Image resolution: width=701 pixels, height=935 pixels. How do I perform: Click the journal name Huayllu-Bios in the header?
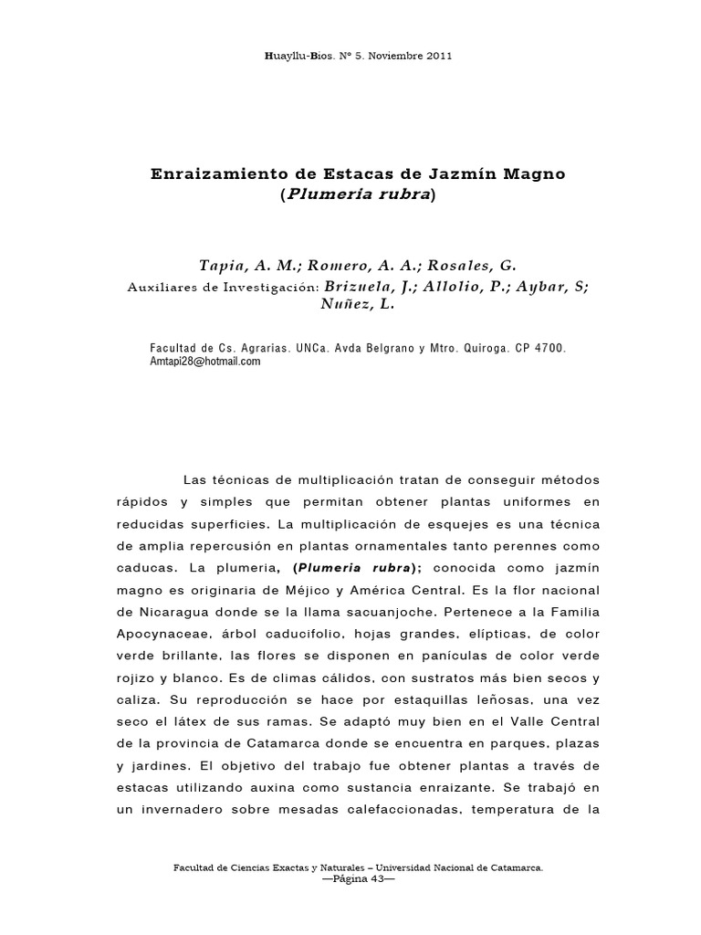coord(296,56)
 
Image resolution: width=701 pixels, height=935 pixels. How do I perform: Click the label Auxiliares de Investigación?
coord(223,287)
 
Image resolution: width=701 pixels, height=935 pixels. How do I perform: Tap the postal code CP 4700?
coord(541,348)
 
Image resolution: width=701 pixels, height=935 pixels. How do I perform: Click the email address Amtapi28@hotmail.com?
coord(204,362)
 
